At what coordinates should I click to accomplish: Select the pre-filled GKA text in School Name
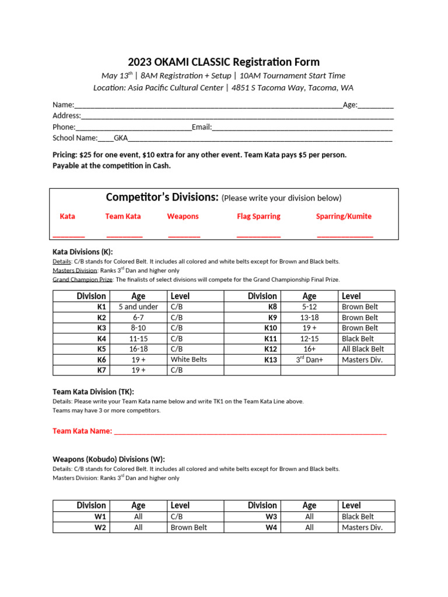coord(121,138)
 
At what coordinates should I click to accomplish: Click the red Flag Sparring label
coord(258,216)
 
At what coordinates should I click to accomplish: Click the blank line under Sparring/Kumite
coord(345,236)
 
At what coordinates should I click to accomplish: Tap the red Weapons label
coord(183,216)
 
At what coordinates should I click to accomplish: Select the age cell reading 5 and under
coord(138,307)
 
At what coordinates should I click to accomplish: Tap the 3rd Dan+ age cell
coord(309,360)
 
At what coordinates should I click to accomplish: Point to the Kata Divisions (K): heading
coord(82,252)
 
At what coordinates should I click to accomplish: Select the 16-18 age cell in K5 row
coord(138,349)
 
